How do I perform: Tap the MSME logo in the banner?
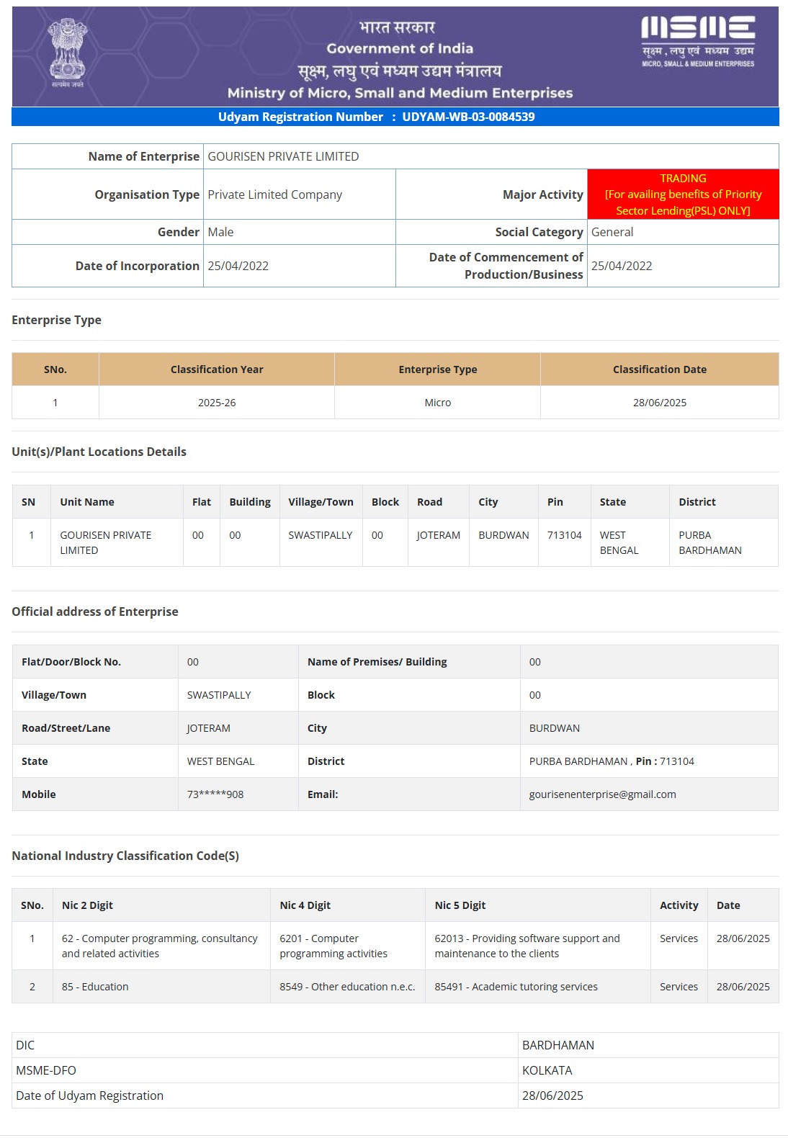(698, 41)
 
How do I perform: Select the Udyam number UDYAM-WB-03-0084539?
(468, 117)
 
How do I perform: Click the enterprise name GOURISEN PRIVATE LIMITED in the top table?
(283, 156)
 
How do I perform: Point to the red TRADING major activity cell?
(683, 194)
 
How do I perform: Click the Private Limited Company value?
(274, 194)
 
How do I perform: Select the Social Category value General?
(612, 232)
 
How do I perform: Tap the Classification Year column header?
(217, 369)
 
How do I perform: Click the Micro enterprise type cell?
(438, 403)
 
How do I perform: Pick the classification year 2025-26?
(217, 403)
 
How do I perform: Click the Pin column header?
(555, 502)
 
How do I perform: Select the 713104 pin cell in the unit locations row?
(564, 535)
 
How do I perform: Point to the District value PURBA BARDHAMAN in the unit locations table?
(709, 542)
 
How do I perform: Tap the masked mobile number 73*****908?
(215, 794)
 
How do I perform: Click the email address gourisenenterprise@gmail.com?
(602, 794)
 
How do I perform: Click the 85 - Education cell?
(95, 987)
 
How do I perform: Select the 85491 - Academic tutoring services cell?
(516, 987)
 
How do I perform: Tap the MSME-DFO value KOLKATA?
(547, 1070)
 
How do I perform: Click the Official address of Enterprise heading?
(95, 611)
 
